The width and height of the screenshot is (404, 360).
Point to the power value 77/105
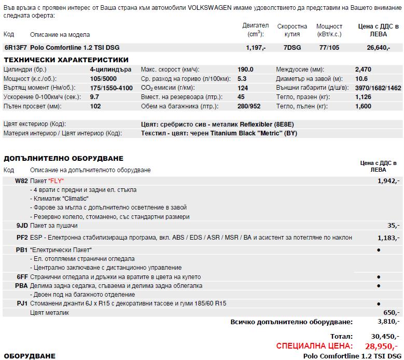pos(329,48)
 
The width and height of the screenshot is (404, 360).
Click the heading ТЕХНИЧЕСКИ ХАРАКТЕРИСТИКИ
pos(66,60)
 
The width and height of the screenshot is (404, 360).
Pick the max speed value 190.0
pos(245,70)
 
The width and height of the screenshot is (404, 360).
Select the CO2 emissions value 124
pos(242,88)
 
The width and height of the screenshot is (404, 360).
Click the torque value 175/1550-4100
pos(111,88)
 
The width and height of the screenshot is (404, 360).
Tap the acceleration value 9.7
pos(94,97)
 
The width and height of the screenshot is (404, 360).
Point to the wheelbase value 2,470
pos(363,70)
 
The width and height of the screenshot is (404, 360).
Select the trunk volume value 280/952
pos(248,106)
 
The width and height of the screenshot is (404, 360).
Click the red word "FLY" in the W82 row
pos(57,181)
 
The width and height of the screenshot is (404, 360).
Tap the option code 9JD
pos(22,226)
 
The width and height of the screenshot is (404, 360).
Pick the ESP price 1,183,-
pos(388,238)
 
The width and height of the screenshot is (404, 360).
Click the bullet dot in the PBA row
pos(379,286)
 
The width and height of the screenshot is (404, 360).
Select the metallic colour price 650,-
pos(391,313)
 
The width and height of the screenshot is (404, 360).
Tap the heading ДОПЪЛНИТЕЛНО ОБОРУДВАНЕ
pos(63,158)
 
